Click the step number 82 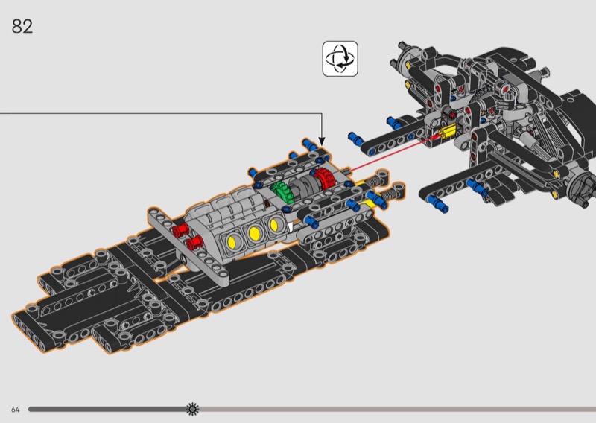pos(22,27)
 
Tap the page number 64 pos(15,410)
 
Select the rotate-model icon pos(340,59)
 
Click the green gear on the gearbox pos(282,191)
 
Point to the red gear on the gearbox pos(324,178)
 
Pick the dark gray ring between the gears pos(300,187)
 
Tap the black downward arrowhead pos(322,141)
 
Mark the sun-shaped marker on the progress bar pos(193,409)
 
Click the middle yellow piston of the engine pos(254,232)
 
